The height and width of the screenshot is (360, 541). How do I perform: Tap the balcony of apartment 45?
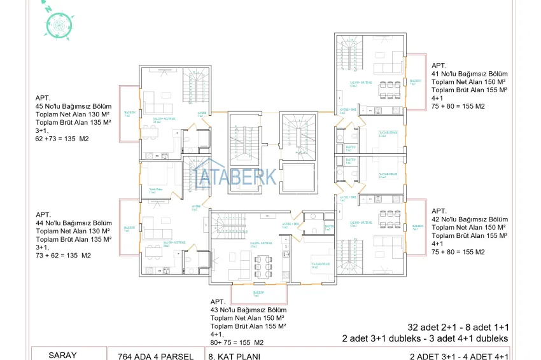click(x=128, y=113)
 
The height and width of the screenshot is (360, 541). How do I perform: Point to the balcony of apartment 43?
click(x=255, y=294)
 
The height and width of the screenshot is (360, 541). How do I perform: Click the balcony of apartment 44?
click(x=128, y=227)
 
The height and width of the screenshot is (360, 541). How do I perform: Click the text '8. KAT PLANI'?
click(x=234, y=356)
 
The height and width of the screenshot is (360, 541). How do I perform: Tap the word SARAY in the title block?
click(x=62, y=355)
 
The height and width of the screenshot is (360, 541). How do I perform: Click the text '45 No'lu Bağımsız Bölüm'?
click(x=74, y=106)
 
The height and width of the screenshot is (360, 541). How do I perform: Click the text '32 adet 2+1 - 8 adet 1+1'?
click(x=458, y=326)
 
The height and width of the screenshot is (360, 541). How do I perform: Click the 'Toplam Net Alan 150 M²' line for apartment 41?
click(x=468, y=82)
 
